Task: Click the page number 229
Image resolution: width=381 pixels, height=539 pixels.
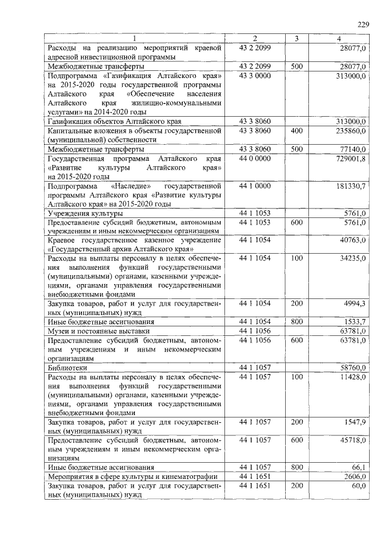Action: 363,24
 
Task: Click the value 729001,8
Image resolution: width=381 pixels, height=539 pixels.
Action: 351,158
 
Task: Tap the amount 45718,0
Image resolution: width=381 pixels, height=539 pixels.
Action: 352,440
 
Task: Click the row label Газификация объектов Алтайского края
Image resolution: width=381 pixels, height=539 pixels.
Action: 106,121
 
